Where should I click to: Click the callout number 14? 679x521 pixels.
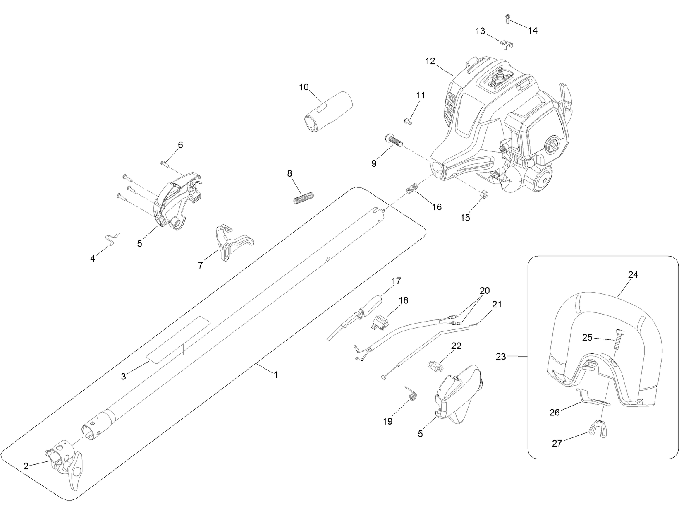(x=533, y=30)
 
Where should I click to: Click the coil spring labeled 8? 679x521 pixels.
(x=304, y=198)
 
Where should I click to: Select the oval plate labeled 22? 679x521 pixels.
(x=434, y=365)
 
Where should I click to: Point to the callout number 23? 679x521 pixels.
(x=500, y=357)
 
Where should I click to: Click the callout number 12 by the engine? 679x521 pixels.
(x=430, y=61)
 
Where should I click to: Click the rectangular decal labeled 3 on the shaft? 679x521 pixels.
(x=179, y=340)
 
